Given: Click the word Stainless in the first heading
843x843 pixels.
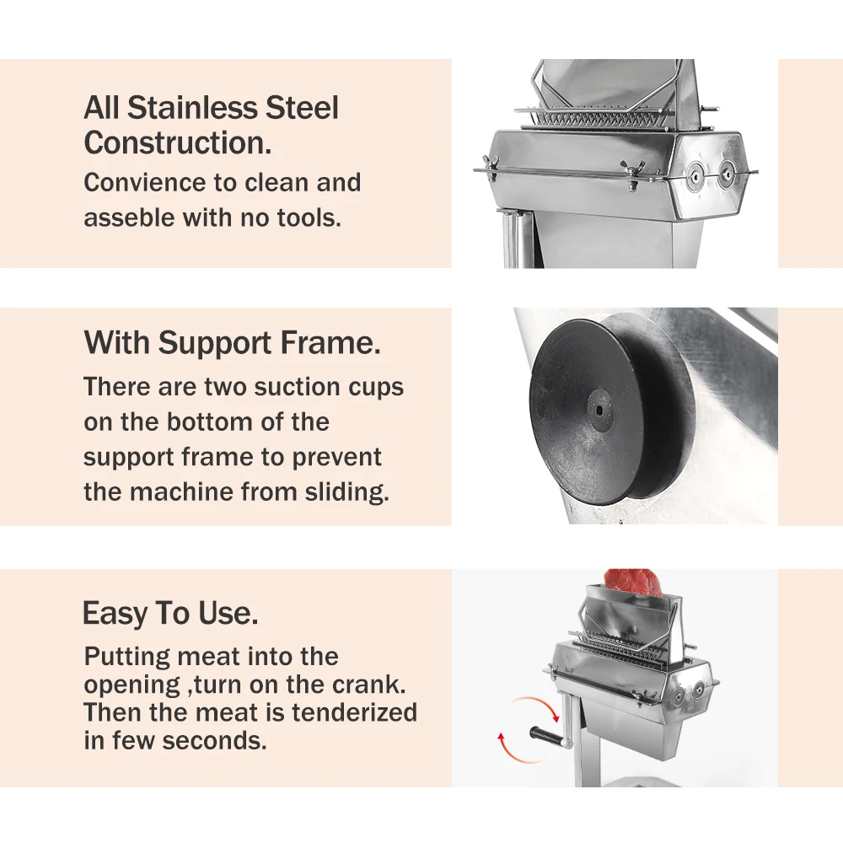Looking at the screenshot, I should pyautogui.click(x=191, y=108).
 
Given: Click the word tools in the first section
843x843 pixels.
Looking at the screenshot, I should pyautogui.click(x=309, y=217).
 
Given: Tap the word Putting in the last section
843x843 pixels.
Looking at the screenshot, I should pyautogui.click(x=126, y=657).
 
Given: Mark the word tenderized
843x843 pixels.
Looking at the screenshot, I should pyautogui.click(x=354, y=712).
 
